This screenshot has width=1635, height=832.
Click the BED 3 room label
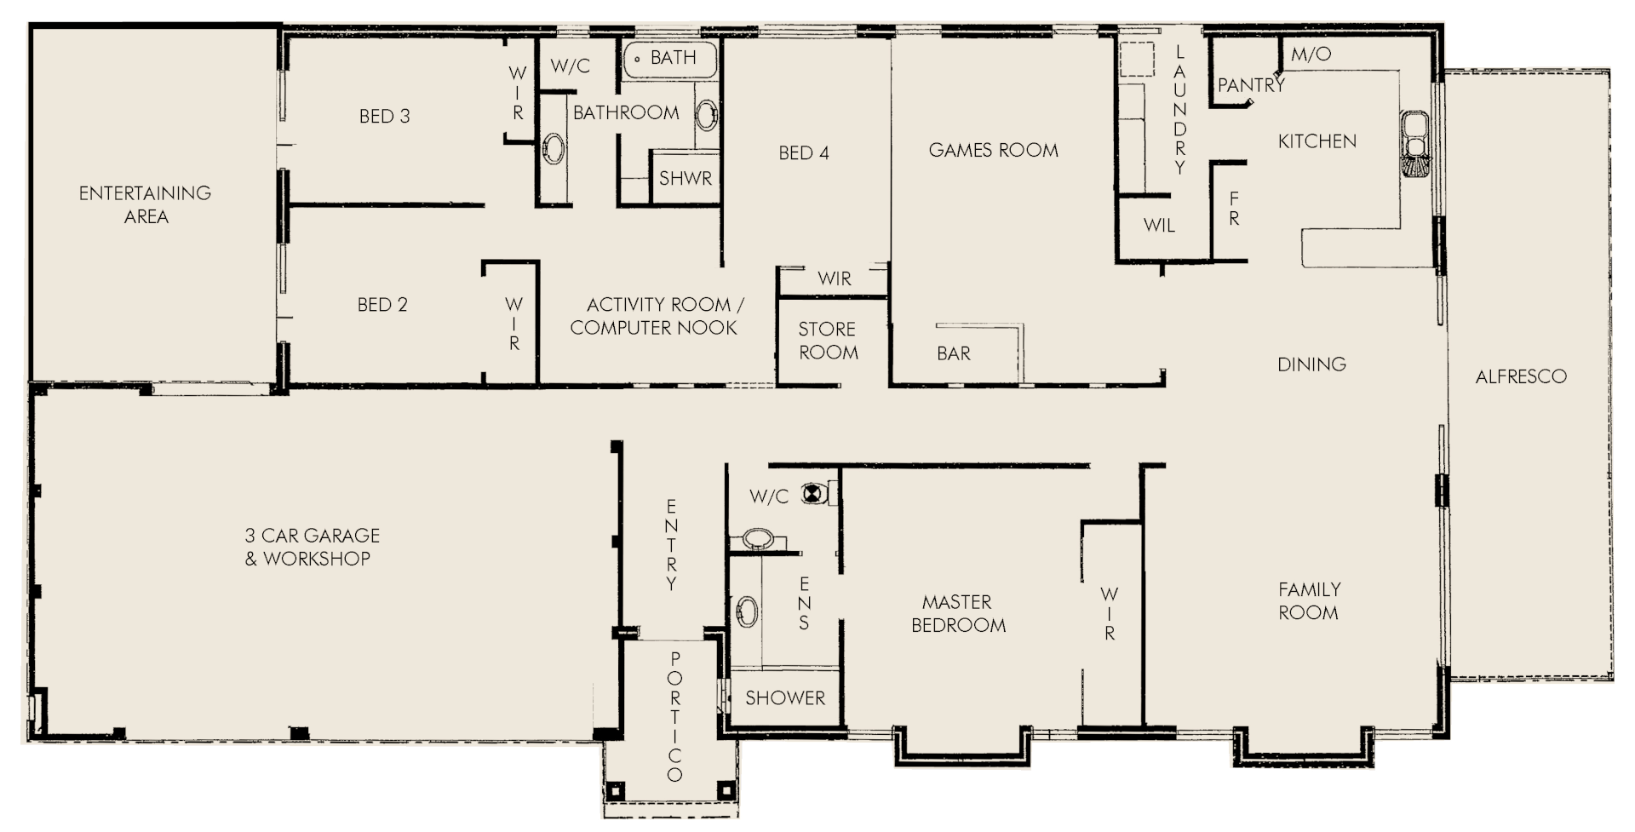pos(384,117)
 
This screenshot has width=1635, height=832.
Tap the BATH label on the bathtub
pos(673,58)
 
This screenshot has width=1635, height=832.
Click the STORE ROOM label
pos(828,341)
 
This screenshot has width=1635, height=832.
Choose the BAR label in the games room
pos(953,353)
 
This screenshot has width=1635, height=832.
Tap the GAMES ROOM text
pos(993,151)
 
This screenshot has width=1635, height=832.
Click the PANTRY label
pos(1250,85)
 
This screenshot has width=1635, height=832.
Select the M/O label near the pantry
pos(1311,55)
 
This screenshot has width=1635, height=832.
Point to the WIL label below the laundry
pos(1159,226)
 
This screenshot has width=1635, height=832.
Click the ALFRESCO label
pos(1520,376)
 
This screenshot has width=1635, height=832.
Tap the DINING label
pos(1311,364)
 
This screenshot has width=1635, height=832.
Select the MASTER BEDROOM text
pos(958,614)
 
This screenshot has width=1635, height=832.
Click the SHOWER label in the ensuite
pos(784,698)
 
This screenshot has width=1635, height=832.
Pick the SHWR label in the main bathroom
pos(685,179)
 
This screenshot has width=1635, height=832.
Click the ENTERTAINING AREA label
pos(146,204)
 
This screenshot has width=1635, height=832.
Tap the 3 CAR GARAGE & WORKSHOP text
pos(312,547)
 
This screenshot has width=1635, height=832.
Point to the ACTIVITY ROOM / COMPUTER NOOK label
pos(656,316)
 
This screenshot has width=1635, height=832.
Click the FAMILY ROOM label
pos(1309,600)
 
